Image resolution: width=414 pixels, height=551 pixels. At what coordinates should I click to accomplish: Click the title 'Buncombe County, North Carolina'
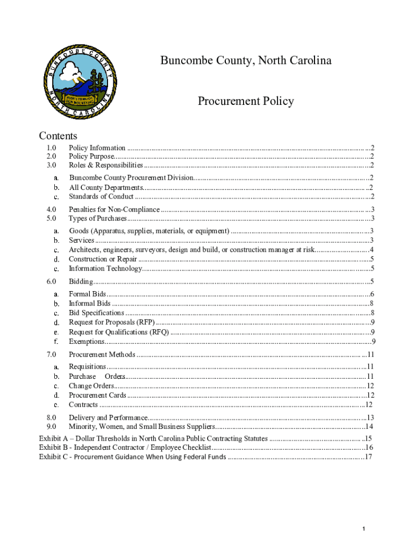point(246,60)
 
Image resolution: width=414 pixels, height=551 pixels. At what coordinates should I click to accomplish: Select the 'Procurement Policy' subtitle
point(246,101)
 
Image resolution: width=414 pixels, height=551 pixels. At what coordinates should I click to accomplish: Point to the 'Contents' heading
point(58,136)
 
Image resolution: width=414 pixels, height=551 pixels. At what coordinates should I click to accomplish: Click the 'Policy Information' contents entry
point(97,148)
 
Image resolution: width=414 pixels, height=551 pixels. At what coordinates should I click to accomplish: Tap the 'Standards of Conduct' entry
point(101,196)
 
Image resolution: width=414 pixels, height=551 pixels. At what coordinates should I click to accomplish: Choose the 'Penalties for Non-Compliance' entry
point(114,210)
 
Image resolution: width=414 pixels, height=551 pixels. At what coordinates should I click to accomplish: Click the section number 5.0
point(52,218)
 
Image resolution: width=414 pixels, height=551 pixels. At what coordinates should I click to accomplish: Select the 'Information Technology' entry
point(105,269)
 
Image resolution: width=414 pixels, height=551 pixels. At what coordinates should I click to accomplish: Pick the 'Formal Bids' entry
point(87,294)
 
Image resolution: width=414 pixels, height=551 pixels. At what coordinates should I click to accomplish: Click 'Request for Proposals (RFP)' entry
point(112,322)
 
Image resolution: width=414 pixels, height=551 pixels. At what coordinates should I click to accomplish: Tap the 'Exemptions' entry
point(87,342)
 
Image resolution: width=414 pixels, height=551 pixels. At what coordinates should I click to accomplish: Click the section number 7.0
point(52,355)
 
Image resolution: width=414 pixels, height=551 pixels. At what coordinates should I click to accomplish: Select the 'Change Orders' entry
point(91,386)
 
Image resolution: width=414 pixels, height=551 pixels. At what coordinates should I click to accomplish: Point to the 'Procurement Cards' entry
point(97,395)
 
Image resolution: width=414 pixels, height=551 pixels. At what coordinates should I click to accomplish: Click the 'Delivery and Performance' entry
point(108,418)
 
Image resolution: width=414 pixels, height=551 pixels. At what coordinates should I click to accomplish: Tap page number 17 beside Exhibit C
point(368,457)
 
